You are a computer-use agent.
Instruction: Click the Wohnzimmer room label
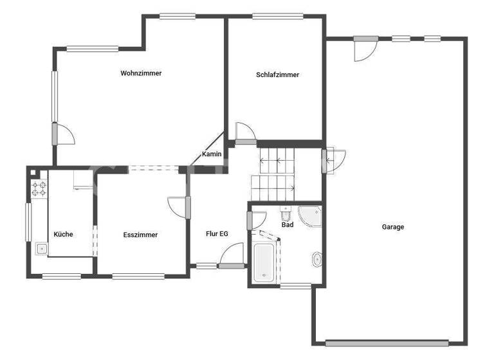pyautogui.click(x=141, y=73)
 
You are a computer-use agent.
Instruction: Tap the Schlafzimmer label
pyautogui.click(x=277, y=75)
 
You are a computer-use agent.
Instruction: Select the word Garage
pyautogui.click(x=393, y=227)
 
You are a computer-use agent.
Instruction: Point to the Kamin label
pyautogui.click(x=212, y=154)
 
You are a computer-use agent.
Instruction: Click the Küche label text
pyautogui.click(x=63, y=234)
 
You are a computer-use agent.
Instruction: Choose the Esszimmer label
pyautogui.click(x=140, y=235)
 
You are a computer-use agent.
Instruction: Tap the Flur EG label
pyautogui.click(x=217, y=234)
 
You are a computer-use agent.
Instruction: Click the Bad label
pyautogui.click(x=288, y=225)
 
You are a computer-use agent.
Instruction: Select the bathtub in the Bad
pyautogui.click(x=264, y=262)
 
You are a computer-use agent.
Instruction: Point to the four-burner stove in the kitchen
pyautogui.click(x=39, y=188)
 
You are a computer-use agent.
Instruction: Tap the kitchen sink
pyautogui.click(x=41, y=248)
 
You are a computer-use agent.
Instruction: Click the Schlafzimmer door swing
pyautogui.click(x=245, y=132)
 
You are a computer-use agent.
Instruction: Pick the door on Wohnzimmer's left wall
pyautogui.click(x=63, y=134)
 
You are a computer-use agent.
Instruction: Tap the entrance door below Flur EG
pyautogui.click(x=230, y=255)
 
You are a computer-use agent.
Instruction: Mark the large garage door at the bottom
pyautogui.click(x=387, y=343)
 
